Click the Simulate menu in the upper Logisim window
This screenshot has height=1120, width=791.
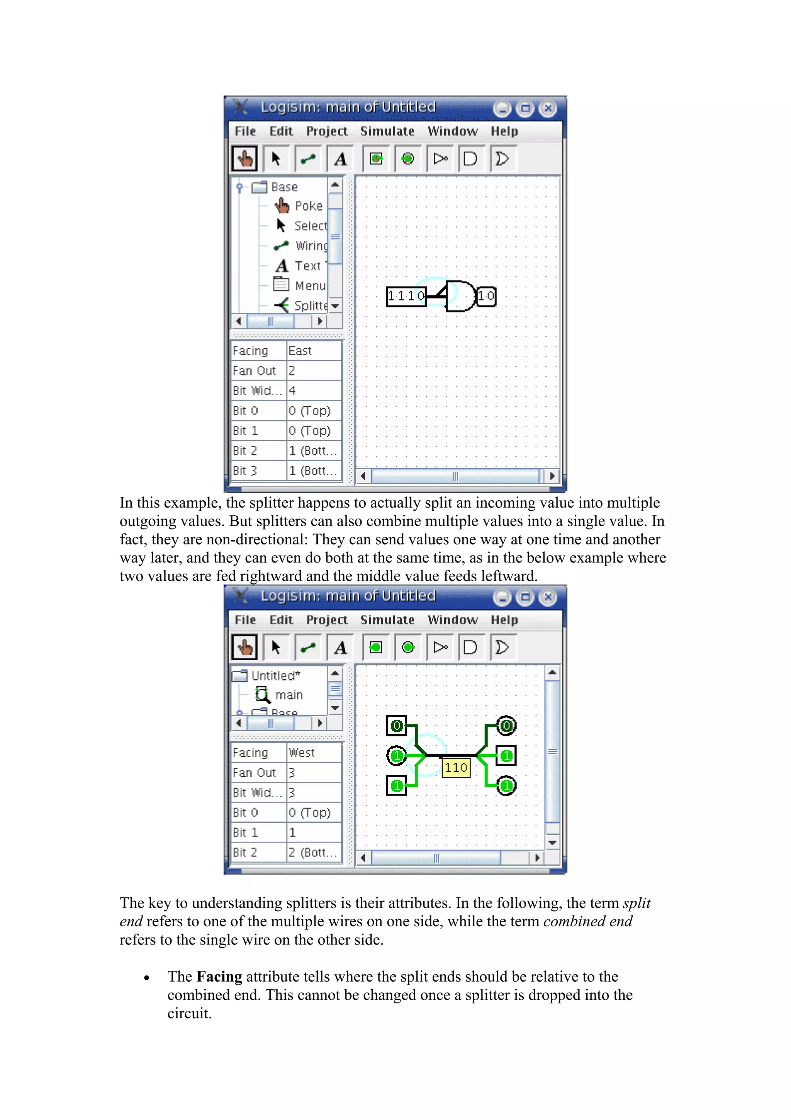pos(387,131)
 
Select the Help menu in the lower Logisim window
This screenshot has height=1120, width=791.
pos(504,620)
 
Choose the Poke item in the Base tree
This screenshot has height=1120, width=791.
pos(309,206)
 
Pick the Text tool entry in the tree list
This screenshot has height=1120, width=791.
pos(307,266)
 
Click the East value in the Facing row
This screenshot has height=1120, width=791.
pos(300,351)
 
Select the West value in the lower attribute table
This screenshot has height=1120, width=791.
pos(302,753)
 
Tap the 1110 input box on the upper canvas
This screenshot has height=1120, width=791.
pos(406,296)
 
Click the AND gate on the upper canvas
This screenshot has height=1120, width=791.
pos(460,296)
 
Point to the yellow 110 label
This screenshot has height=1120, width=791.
pos(456,767)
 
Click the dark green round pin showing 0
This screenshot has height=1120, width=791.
pos(506,726)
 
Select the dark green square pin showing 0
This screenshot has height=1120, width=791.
pos(397,726)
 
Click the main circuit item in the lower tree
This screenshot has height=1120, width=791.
pos(289,695)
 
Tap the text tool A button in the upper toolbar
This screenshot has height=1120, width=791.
pos(341,159)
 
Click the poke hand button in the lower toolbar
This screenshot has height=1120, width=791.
pos(244,648)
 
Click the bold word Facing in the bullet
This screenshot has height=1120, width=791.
pos(219,977)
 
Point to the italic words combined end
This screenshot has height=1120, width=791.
pos(587,921)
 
